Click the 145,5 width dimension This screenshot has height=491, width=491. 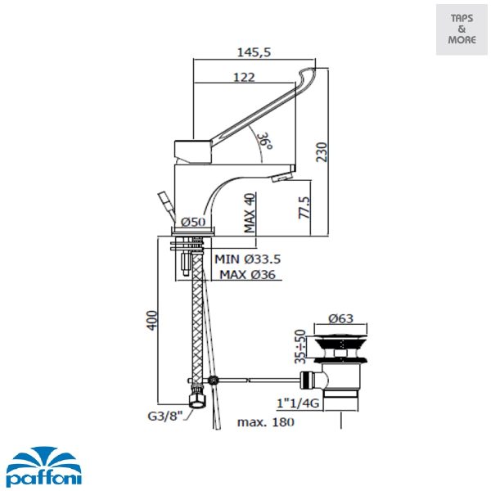click(254, 52)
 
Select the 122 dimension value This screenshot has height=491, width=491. click(244, 77)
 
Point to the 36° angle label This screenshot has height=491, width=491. click(265, 141)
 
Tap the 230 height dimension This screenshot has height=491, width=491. click(322, 152)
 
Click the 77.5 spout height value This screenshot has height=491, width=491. click(304, 207)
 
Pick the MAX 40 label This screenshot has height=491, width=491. click(250, 213)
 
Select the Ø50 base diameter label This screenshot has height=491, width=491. click(193, 222)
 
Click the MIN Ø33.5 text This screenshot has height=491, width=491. click(247, 259)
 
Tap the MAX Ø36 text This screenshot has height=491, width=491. click(247, 275)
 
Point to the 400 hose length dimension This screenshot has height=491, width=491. click(152, 320)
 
